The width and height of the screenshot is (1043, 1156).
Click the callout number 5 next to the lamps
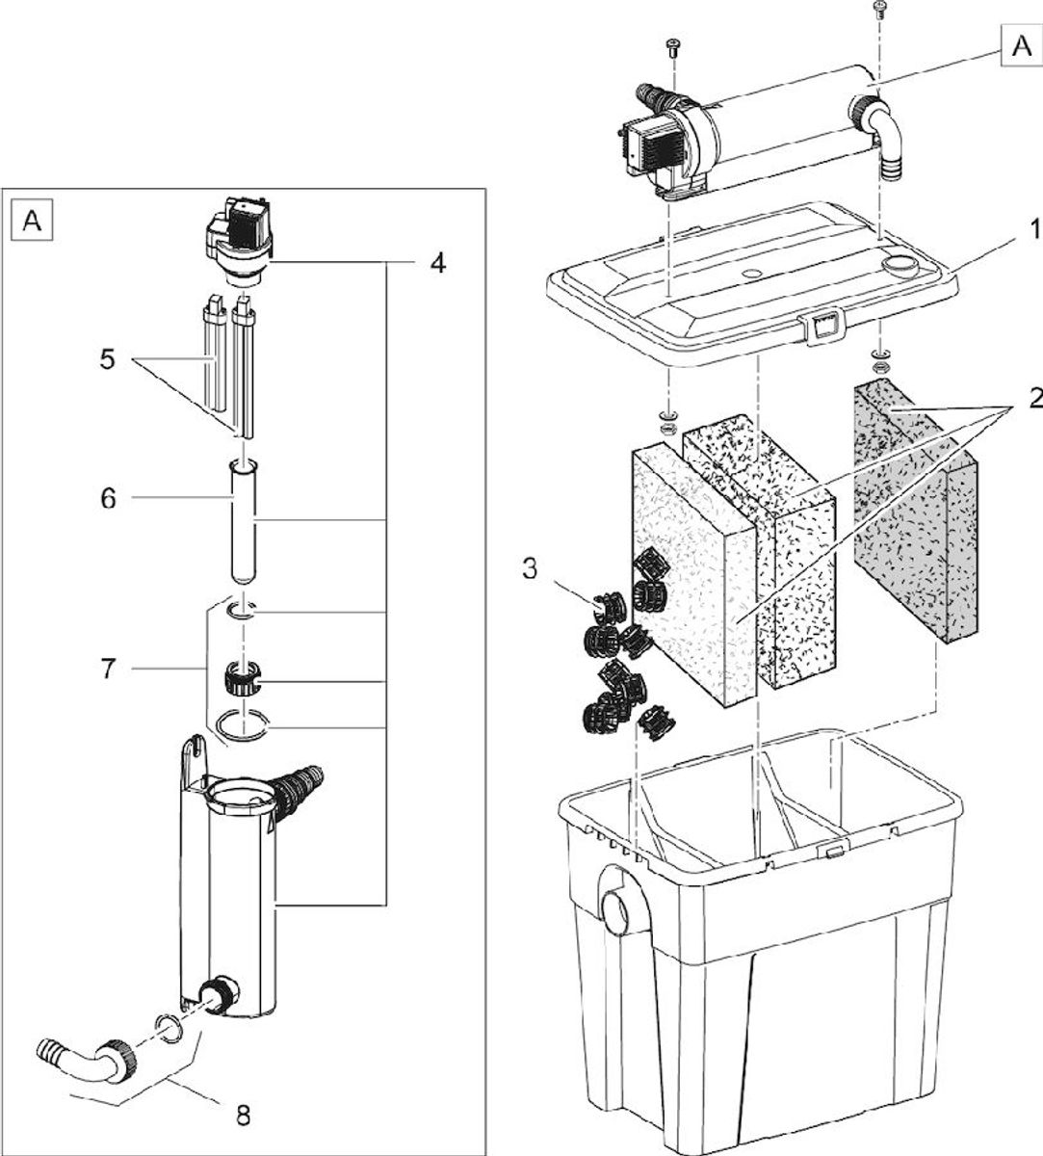tap(107, 359)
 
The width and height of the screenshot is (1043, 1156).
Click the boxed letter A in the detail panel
tap(32, 221)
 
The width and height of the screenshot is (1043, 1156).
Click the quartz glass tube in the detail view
tap(243, 521)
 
